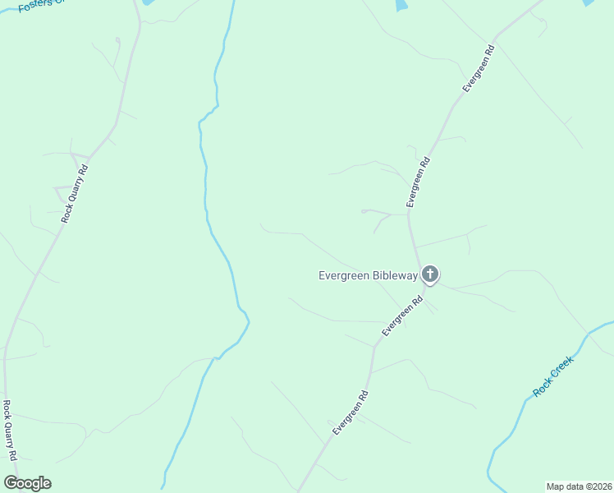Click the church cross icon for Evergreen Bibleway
tap(429, 275)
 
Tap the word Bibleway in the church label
tap(392, 276)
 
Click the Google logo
tap(27, 483)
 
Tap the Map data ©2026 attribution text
tap(579, 486)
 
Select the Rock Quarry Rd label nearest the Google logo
tap(9, 430)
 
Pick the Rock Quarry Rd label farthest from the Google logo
tap(74, 194)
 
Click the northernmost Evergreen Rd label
tap(478, 68)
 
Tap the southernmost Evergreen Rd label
tap(351, 413)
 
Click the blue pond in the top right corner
tap(588, 3)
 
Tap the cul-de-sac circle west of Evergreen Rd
tap(363, 211)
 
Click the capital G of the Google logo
tap(11, 483)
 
